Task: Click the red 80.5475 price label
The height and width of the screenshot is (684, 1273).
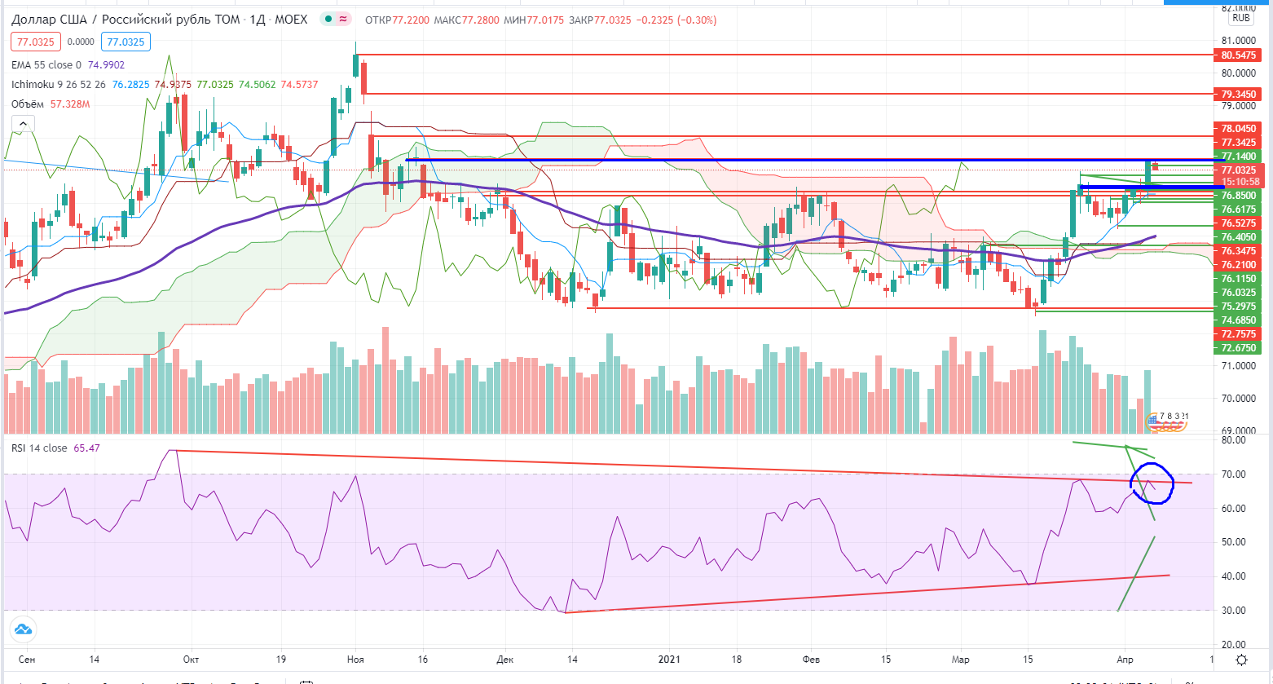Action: [1239, 55]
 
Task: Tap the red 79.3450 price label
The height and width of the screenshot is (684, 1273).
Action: [1239, 95]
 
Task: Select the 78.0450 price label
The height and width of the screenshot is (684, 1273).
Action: [1239, 129]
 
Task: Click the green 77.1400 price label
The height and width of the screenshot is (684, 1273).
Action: [1239, 156]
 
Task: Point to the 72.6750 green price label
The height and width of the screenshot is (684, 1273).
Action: [1239, 347]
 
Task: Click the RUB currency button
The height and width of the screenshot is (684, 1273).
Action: [1241, 17]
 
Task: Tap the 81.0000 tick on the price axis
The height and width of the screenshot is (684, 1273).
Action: [1239, 40]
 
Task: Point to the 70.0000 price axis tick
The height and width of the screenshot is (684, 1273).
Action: [1239, 399]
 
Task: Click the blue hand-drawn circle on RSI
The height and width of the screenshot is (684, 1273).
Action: [1152, 483]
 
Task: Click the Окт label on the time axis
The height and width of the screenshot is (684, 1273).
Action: [192, 660]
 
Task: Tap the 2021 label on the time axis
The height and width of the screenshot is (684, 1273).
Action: [669, 660]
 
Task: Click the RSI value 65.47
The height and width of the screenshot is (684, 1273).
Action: [86, 448]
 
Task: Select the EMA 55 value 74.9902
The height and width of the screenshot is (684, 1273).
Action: [105, 64]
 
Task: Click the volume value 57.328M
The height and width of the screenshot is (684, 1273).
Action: [70, 104]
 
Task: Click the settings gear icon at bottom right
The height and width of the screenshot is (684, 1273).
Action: [1240, 660]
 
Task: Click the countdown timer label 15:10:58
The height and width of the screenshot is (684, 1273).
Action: [1239, 182]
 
